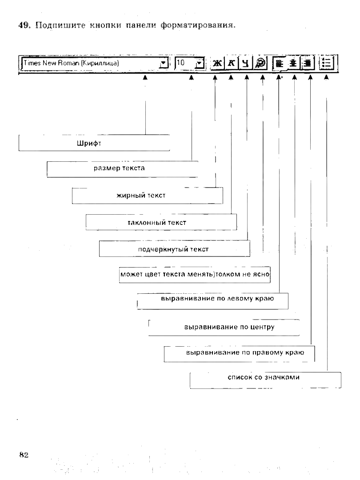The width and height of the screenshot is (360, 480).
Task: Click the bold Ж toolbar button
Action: pos(217,64)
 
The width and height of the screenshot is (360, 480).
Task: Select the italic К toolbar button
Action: pos(231,64)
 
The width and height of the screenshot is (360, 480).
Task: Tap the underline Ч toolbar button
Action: pos(245,64)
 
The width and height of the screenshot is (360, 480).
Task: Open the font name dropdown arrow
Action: pos(163,63)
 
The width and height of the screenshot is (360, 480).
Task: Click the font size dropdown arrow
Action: pos(199,63)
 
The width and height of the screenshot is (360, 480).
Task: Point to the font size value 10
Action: pos(181,63)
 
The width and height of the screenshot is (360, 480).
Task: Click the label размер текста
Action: pos(119,168)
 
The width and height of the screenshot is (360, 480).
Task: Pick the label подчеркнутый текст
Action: pos(173,249)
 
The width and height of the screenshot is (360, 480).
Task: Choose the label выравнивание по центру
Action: pos(229,327)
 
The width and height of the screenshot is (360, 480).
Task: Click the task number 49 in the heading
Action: pos(22,24)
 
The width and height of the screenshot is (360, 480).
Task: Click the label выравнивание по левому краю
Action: pos(217,299)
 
